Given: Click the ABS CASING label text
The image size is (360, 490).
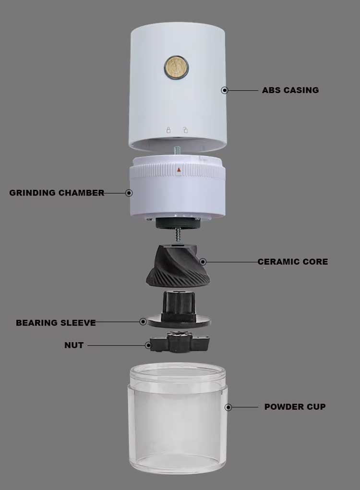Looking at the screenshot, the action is [290, 90].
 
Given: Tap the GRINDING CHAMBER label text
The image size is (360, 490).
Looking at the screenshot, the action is [57, 193].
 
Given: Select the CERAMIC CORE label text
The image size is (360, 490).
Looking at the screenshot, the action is [293, 261].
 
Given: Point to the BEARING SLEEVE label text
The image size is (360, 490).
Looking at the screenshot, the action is [56, 322].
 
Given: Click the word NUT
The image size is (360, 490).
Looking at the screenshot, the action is [74, 345].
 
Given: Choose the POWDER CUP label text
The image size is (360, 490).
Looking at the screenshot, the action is [295, 406].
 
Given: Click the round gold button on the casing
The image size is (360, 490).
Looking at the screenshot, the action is [177, 68].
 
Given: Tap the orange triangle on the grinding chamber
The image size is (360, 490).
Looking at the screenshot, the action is [179, 170].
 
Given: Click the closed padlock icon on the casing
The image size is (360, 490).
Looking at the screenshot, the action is [168, 130].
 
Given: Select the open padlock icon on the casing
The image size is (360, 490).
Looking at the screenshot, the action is [185, 130].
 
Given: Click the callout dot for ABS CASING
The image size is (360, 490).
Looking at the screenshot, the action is [225, 90].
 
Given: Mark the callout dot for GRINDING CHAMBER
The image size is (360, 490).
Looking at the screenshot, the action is [129, 193].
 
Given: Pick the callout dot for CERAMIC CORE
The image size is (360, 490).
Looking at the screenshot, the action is [203, 261].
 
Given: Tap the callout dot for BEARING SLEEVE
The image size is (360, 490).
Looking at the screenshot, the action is [143, 321].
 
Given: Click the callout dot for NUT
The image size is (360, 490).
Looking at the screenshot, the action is [149, 345].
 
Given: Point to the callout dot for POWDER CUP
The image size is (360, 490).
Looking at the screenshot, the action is [228, 407].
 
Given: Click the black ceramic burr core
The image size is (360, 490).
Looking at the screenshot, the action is [177, 266].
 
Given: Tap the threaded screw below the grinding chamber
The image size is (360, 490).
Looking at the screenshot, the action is [179, 235].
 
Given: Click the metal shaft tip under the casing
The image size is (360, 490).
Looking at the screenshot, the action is [176, 150].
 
